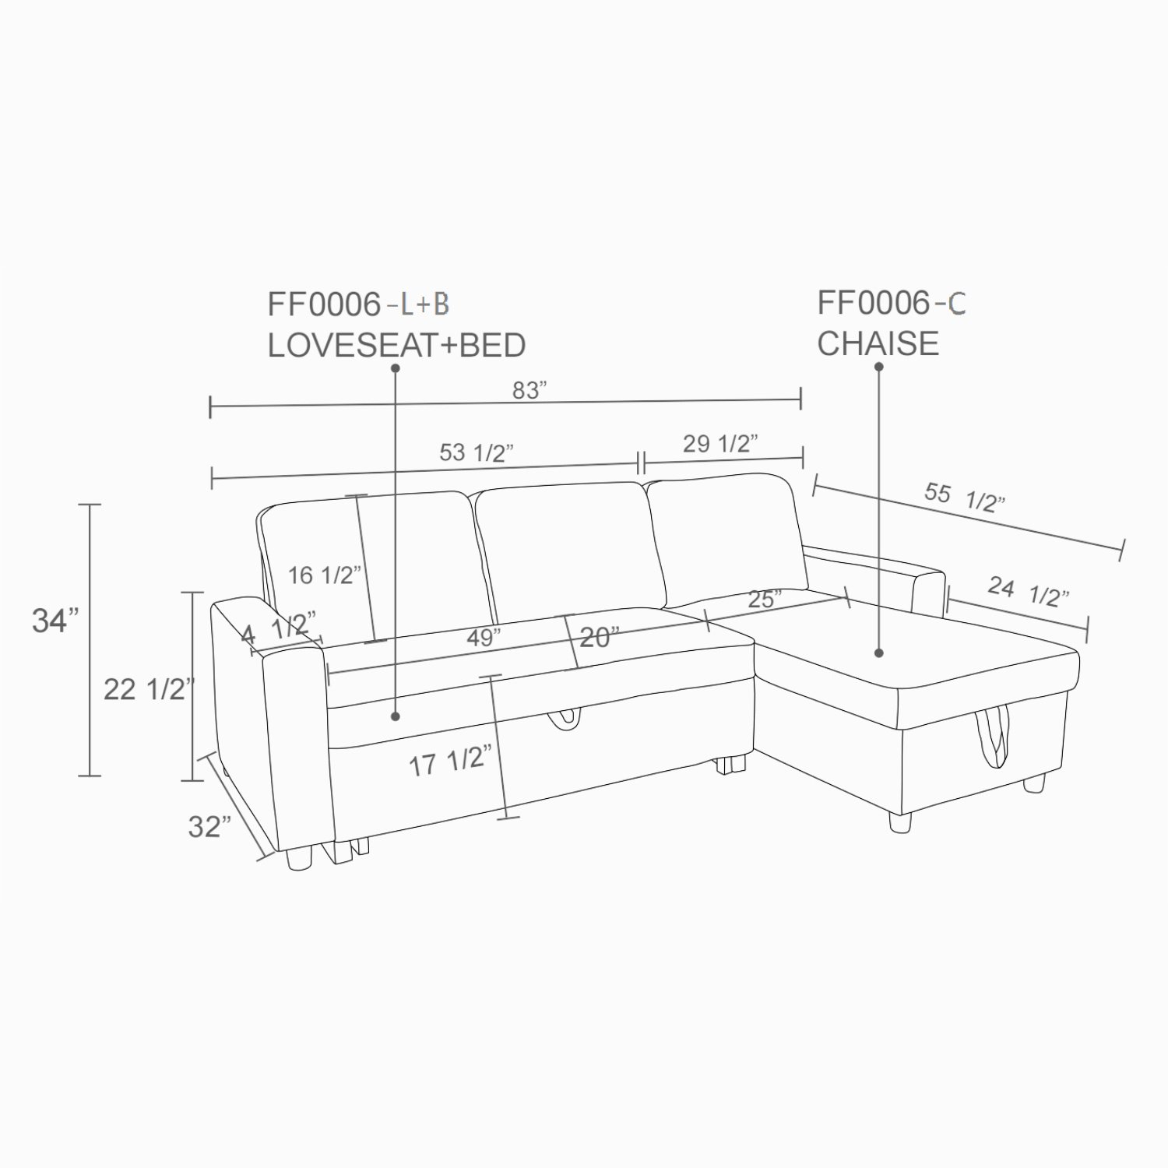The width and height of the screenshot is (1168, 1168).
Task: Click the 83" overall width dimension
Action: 529,390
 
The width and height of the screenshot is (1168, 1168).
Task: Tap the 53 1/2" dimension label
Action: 477,452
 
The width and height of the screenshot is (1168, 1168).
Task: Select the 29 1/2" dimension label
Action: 720,443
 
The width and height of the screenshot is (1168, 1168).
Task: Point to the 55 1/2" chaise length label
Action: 965,498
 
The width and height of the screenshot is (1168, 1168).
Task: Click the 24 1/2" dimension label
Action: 1029,591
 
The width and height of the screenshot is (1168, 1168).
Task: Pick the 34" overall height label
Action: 55,621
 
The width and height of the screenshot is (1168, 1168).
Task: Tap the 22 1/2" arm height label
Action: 148,689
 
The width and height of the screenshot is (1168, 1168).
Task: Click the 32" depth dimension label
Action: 209,826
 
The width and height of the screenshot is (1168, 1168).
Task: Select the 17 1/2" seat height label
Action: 451,761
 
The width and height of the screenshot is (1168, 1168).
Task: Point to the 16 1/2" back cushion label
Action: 325,575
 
